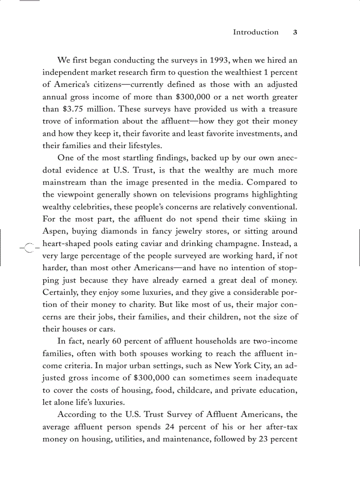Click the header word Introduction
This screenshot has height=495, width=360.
(255, 32)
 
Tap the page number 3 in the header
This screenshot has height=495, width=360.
(295, 32)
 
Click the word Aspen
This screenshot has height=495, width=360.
(54, 231)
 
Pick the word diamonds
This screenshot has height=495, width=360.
(119, 231)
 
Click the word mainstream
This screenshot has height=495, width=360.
(64, 182)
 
